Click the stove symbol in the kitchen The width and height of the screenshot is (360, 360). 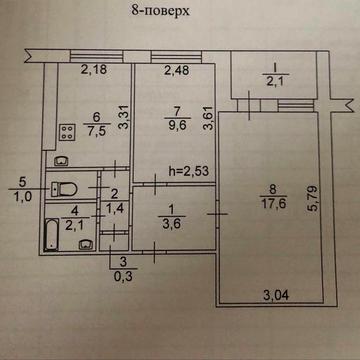[x=68, y=129]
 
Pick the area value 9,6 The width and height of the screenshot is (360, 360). [x=176, y=127]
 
